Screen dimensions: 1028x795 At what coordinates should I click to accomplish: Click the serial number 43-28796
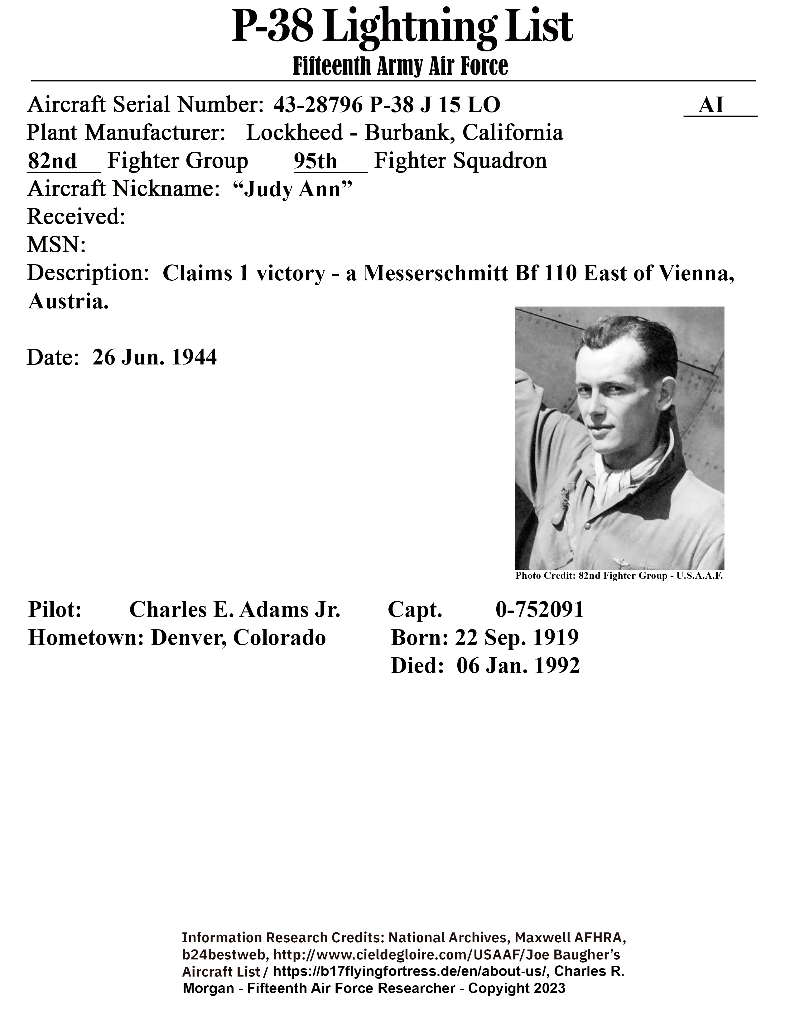[x=318, y=105]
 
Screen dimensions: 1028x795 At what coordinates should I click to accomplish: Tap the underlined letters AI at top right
[x=711, y=105]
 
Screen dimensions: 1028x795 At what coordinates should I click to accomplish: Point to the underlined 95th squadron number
[x=315, y=161]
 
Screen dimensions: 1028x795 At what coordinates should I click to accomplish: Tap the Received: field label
[x=76, y=217]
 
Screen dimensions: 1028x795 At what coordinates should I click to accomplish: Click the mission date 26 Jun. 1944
[x=154, y=357]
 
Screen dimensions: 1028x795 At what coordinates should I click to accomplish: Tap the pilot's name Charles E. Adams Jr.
[x=234, y=610]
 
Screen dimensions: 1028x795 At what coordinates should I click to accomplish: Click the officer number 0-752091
[x=539, y=610]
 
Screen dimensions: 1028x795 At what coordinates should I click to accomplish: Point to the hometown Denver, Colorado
[x=238, y=638]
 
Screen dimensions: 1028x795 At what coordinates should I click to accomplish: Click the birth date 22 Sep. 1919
[x=517, y=638]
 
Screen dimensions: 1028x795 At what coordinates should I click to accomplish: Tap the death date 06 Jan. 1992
[x=518, y=666]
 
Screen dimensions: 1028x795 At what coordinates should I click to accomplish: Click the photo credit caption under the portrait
[x=619, y=576]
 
